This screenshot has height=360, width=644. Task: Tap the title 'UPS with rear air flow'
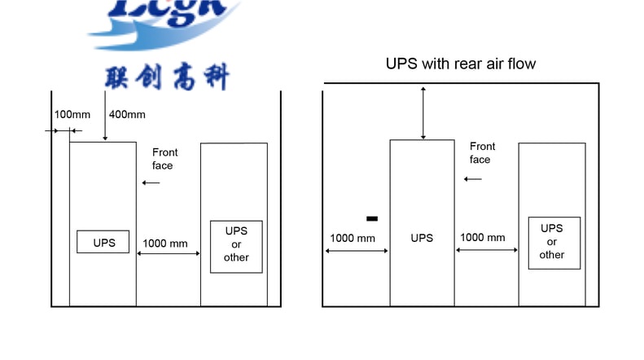tap(461, 64)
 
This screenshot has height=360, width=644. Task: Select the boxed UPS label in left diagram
tap(103, 242)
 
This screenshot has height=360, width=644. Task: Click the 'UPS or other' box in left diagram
tap(236, 244)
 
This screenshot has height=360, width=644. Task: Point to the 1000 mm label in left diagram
tap(165, 243)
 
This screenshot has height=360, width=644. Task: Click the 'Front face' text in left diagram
tap(164, 159)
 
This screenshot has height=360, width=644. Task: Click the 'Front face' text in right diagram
tap(481, 153)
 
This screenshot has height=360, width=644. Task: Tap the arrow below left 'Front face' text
tap(151, 182)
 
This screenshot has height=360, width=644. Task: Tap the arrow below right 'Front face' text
tap(475, 178)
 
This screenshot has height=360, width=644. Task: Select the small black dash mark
tap(372, 218)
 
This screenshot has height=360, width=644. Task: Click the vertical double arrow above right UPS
tap(423, 112)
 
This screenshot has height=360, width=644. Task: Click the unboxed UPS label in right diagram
tap(422, 238)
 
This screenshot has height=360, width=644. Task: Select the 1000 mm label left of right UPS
tap(353, 238)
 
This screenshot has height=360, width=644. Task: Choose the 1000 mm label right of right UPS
tap(483, 238)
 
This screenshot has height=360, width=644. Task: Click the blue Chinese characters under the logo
tap(167, 77)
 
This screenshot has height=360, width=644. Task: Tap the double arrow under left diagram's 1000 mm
tap(169, 254)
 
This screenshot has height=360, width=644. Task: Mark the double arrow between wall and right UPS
tap(357, 250)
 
